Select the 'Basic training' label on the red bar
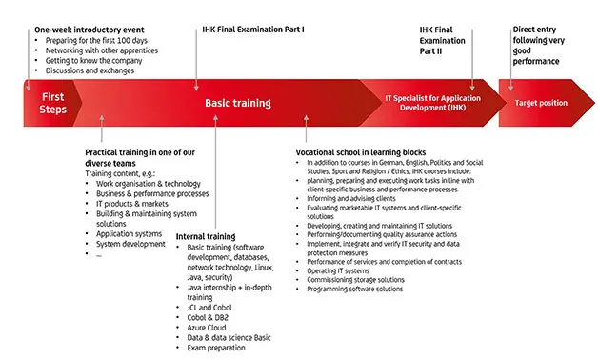click(x=237, y=103)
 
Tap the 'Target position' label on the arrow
click(x=541, y=102)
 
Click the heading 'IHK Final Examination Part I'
click(x=253, y=30)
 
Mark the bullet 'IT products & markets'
click(x=132, y=203)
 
